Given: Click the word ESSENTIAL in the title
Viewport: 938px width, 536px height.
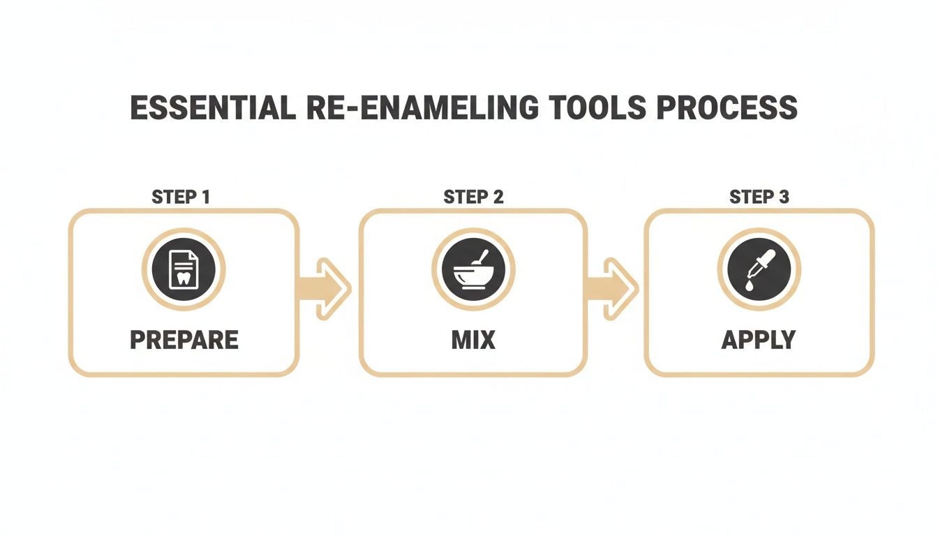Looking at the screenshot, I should (209, 108).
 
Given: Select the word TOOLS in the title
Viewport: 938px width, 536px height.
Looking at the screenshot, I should (594, 108).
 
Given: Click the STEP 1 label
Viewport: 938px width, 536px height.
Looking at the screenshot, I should (181, 198).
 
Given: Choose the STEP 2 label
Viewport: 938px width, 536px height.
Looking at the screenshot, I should (473, 198).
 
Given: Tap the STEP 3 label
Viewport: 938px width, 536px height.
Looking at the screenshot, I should (759, 198).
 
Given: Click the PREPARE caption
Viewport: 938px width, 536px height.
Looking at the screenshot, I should (184, 340).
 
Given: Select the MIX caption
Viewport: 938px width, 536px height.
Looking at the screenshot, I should (473, 340).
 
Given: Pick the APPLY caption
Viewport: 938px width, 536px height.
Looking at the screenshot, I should (759, 340).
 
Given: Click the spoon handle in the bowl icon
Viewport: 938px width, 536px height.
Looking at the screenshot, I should (481, 258).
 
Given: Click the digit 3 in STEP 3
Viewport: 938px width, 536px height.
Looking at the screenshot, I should (784, 198).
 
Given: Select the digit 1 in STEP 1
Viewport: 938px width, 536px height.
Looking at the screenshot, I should (205, 198).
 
